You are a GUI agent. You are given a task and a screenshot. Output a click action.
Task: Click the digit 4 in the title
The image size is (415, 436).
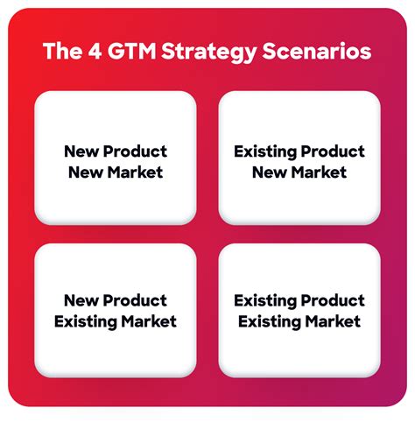(x=95, y=51)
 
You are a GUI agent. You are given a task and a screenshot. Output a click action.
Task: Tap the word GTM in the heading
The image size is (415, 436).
(x=132, y=51)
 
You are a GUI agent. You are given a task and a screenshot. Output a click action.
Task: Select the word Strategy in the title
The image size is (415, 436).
(x=209, y=53)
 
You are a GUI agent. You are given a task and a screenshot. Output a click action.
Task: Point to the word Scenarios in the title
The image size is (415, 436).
(x=317, y=51)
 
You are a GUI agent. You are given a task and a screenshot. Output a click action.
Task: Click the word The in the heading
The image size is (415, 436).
(x=62, y=51)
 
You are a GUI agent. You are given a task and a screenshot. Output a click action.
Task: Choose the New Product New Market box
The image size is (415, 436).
(x=116, y=158)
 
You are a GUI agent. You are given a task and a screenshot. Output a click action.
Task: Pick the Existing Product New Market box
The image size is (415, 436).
(x=299, y=158)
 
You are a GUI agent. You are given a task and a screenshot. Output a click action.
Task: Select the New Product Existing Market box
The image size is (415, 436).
(x=116, y=311)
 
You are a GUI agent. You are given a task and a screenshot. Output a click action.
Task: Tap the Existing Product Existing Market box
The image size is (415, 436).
(x=299, y=311)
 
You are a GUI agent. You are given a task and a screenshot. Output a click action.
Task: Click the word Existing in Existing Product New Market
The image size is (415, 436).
(x=265, y=152)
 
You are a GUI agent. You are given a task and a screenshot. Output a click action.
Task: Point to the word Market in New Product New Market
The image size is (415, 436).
(x=135, y=172)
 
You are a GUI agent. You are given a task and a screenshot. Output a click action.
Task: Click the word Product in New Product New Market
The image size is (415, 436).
(x=135, y=151)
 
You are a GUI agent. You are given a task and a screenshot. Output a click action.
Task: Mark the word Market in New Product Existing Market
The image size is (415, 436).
(x=149, y=321)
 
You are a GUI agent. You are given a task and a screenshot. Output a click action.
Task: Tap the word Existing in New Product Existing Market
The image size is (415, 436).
(x=86, y=322)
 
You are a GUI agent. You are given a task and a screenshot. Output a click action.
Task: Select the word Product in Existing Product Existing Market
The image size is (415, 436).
(x=333, y=300)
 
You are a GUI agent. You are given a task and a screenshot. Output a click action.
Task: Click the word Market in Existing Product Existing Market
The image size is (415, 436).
(x=333, y=321)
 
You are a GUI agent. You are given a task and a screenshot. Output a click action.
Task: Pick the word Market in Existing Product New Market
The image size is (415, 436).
(x=320, y=172)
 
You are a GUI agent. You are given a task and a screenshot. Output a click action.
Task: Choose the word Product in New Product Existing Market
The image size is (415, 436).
(x=135, y=300)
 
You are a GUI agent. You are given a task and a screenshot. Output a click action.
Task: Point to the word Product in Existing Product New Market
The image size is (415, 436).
(x=333, y=151)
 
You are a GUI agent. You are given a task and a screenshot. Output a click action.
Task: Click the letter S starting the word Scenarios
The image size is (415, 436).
(x=269, y=51)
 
